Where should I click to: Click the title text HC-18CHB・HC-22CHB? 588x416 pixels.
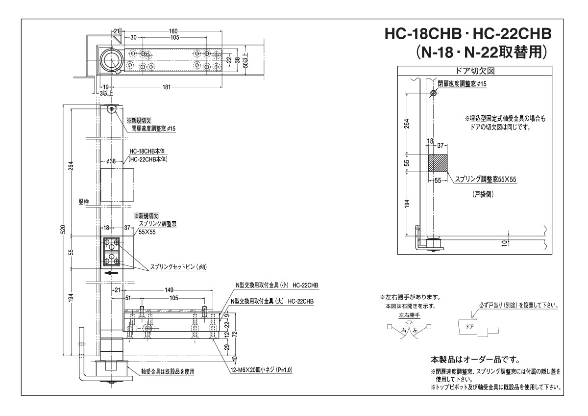468,34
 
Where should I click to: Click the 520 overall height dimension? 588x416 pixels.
63,229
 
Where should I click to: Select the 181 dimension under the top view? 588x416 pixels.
167,87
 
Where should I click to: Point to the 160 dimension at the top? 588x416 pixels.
173,31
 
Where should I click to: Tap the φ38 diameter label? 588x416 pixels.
111,161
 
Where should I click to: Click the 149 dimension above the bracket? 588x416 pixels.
169,290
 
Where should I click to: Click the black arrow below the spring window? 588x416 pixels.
111,273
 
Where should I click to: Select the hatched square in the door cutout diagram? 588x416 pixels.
438,163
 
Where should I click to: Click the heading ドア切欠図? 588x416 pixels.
475,71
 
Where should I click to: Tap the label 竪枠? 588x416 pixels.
84,202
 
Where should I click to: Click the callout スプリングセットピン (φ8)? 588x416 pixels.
178,267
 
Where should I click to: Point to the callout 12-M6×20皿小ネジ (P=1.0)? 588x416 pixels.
261,370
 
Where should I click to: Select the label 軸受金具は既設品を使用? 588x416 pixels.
168,371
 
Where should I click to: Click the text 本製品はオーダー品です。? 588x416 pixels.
475,359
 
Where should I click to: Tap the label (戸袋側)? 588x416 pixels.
483,194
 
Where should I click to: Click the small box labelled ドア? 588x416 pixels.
469,327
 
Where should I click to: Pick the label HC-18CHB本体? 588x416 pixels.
147,152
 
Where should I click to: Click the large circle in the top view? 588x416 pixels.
112,60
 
